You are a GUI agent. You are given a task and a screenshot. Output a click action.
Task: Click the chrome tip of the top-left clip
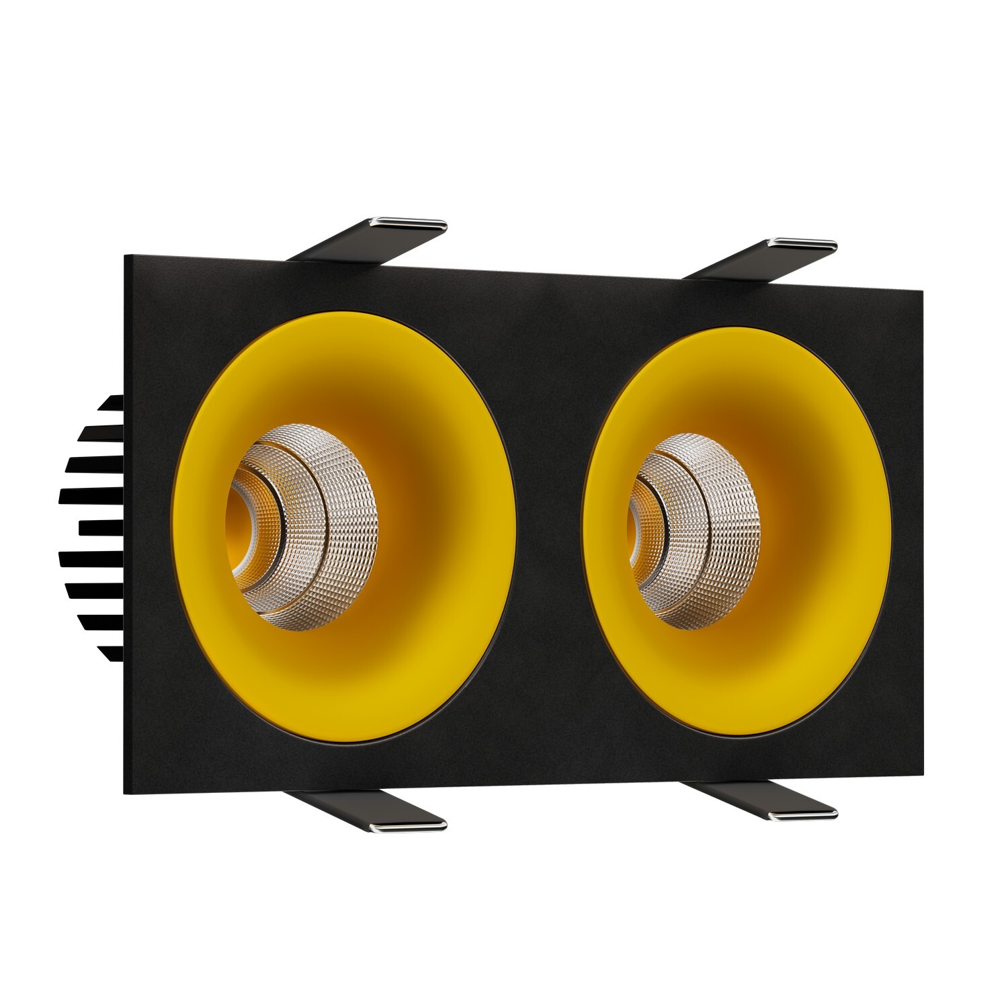[x=421, y=222]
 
